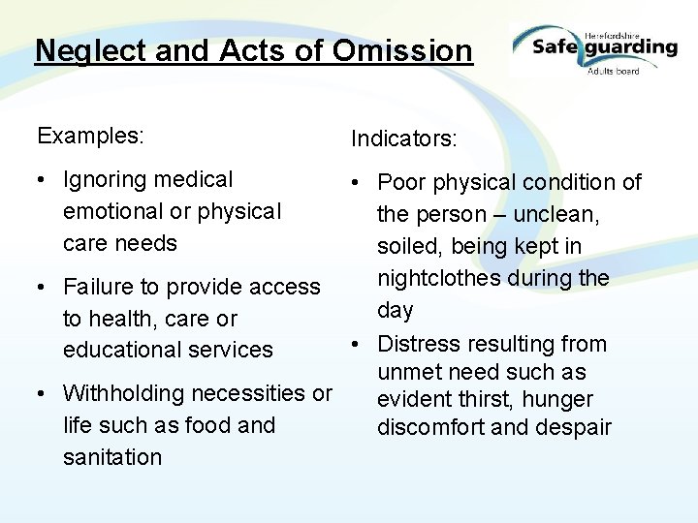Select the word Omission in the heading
coord(401,50)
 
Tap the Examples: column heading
coord(90,137)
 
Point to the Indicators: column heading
coord(403,139)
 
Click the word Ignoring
coord(105,180)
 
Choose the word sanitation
coord(112,456)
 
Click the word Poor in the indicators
coord(399,182)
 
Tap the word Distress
coord(416,344)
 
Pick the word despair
coord(578,427)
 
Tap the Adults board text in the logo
coord(613,72)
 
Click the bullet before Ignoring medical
coord(44,181)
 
